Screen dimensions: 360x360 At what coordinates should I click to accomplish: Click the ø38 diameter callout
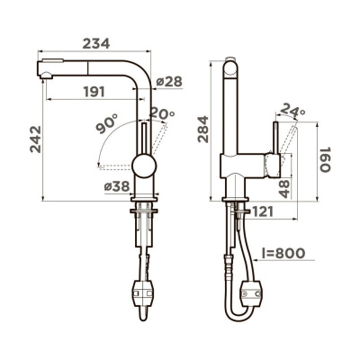click(x=119, y=186)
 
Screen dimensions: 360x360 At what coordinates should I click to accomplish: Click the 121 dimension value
click(x=262, y=212)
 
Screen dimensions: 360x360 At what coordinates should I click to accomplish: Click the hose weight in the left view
click(x=143, y=292)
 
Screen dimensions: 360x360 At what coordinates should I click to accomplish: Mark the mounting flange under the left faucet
click(x=143, y=207)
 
